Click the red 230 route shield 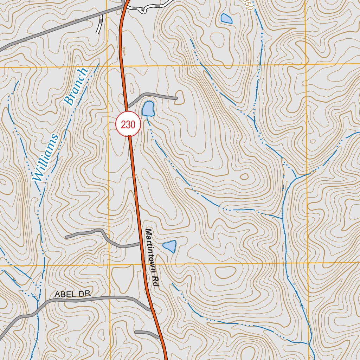point(128,124)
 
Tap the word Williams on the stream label point(45,157)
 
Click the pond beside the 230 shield point(148,109)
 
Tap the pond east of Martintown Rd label point(170,246)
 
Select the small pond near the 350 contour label point(226,18)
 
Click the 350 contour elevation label point(248,5)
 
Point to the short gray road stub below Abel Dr point(146,333)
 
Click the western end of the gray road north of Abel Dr point(66,238)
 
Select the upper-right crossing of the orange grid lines point(306,64)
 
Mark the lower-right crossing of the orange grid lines point(308,263)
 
